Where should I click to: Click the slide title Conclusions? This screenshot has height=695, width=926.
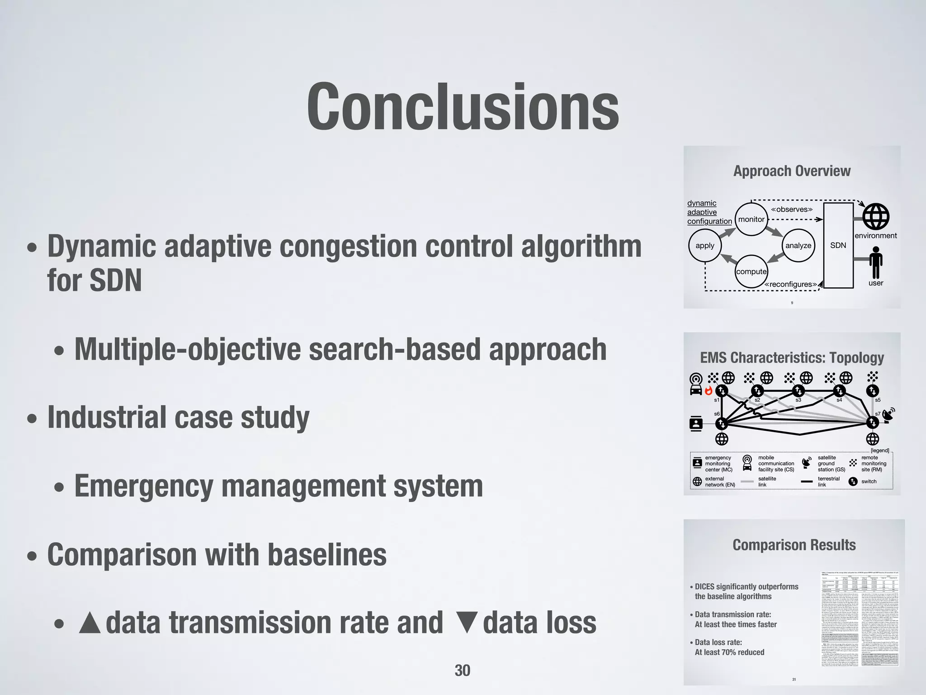point(463,107)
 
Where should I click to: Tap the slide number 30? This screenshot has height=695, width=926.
point(462,670)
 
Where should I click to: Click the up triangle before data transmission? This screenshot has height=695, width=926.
point(90,623)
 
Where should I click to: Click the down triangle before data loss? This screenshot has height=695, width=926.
point(467,623)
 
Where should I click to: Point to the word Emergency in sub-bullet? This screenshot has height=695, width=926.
point(144,486)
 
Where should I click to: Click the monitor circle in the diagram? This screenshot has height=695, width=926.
point(751,219)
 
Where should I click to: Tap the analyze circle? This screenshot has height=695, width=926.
point(798,245)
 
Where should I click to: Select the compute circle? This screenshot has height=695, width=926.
point(751,271)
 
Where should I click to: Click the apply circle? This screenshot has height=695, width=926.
point(704,245)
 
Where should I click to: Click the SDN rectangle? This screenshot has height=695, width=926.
point(838,245)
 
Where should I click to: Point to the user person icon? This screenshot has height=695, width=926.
point(876,262)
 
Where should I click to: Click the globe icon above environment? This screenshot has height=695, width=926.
point(876,216)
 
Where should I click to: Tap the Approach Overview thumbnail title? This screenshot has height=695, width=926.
point(792,171)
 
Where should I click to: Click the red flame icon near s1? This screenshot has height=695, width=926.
point(709,390)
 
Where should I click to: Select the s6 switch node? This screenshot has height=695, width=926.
point(721,424)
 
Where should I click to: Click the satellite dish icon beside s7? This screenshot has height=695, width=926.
point(888,414)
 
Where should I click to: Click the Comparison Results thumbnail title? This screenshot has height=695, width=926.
point(794,545)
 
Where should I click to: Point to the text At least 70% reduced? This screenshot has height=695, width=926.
point(729,652)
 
